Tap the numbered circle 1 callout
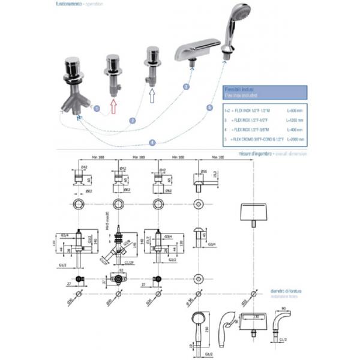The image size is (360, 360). pos(97,109)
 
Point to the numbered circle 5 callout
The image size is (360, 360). pos(209,108)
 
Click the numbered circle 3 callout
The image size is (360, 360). pos(186,87)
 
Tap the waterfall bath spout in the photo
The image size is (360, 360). pos(198,53)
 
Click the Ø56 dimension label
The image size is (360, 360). pos(203,170)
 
